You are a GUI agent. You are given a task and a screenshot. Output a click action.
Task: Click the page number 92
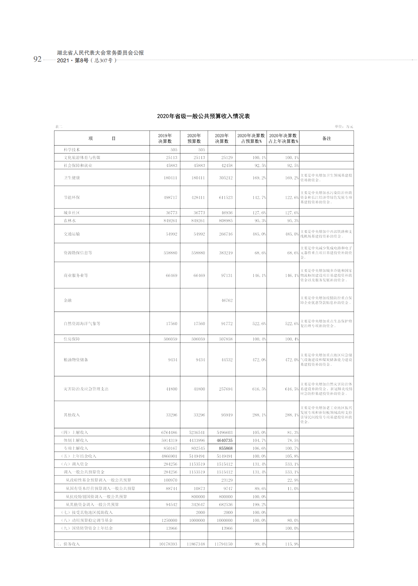tap(37, 59)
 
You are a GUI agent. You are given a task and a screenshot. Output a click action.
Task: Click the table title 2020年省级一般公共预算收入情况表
tap(203, 116)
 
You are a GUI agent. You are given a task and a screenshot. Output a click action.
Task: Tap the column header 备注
tap(326, 138)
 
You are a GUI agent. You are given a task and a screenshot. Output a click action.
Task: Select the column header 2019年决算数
tap(165, 138)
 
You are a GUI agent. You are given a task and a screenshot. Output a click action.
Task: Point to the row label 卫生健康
tap(72, 178)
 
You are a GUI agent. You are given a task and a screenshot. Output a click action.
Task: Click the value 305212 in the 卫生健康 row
tap(226, 178)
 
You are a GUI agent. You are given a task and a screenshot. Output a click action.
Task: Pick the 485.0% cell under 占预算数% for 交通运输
tap(259, 234)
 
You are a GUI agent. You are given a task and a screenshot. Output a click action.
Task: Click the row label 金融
tap(68, 300)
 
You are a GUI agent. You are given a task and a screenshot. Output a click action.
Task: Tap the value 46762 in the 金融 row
tap(227, 301)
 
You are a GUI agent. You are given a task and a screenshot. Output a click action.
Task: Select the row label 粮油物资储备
tap(76, 360)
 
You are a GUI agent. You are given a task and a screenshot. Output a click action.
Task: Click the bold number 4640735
tap(225, 440)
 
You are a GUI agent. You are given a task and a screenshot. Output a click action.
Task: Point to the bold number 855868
tap(226, 448)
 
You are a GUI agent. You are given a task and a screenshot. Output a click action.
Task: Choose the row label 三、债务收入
tap(68, 544)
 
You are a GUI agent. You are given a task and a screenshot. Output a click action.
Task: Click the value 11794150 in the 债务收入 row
tap(224, 544)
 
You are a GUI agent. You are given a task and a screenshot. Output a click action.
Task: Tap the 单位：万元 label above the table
tap(344, 126)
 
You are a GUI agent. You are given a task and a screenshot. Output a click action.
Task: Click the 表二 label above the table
tap(59, 126)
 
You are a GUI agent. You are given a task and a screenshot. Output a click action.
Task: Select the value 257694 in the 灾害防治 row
tap(226, 389)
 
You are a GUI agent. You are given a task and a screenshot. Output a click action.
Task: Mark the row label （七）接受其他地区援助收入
tap(87, 512)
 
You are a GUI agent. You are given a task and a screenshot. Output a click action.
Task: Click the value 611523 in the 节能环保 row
tap(226, 197)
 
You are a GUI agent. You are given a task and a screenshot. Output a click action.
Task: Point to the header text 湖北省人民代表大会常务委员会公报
tap(100, 53)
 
